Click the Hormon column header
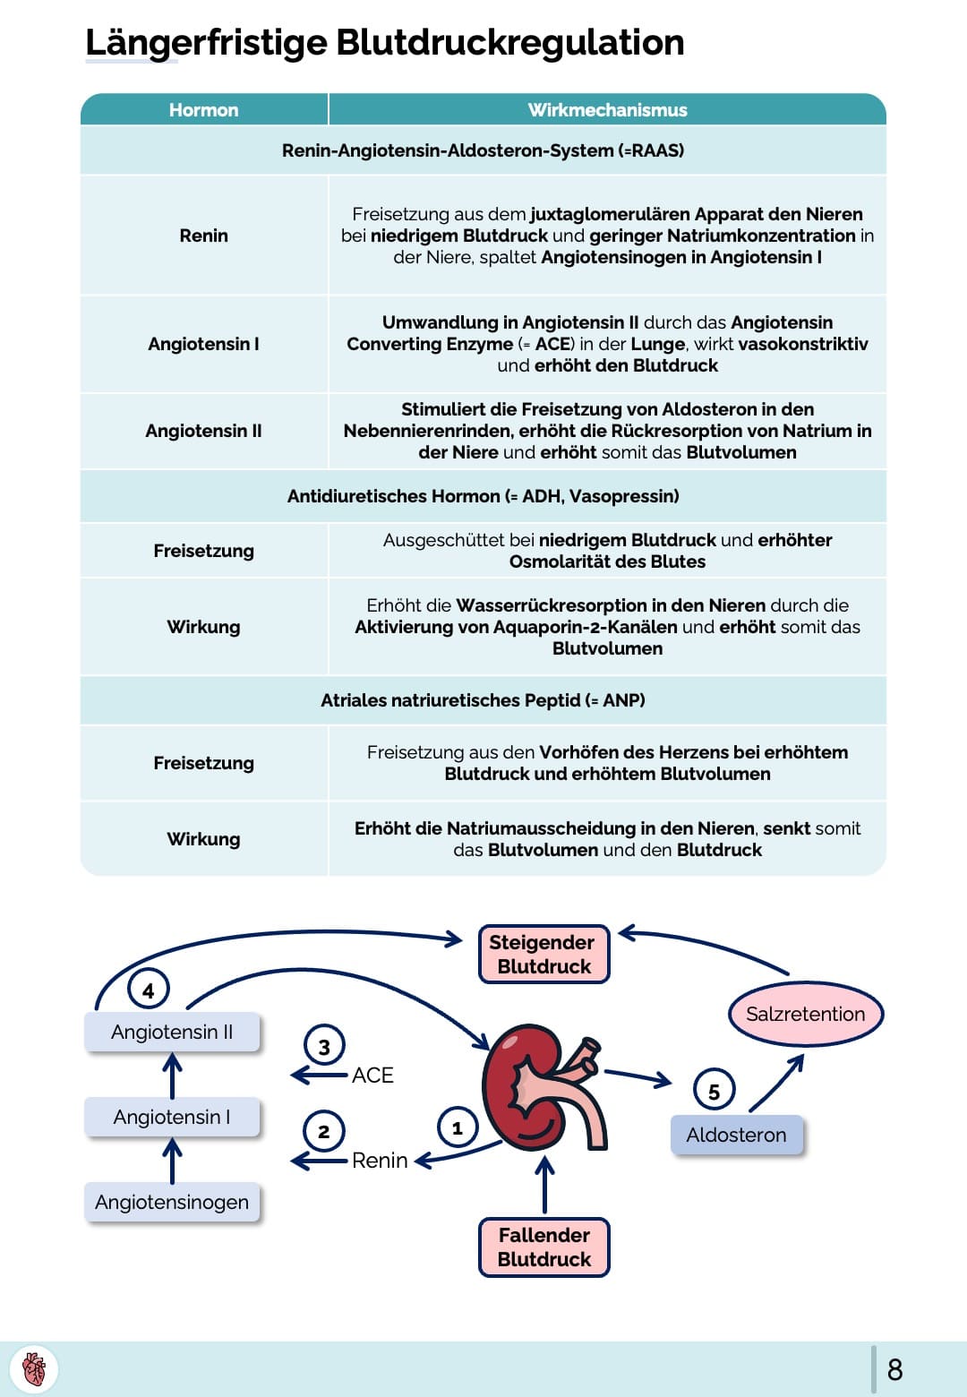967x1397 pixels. (x=203, y=110)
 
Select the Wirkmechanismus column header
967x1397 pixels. (x=607, y=110)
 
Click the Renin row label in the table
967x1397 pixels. (x=203, y=236)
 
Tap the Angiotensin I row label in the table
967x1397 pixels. (x=203, y=344)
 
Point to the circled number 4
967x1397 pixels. (x=149, y=990)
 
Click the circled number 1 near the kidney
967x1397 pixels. (x=458, y=1127)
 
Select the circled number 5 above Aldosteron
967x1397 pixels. (x=714, y=1091)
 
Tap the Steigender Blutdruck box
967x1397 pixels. (x=543, y=955)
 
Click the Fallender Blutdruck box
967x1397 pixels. (x=543, y=1247)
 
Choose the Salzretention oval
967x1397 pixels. (x=805, y=1014)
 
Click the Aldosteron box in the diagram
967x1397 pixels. (x=736, y=1136)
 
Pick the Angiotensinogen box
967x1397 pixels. (x=172, y=1202)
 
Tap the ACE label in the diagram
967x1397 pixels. (x=372, y=1075)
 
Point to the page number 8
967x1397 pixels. (x=894, y=1369)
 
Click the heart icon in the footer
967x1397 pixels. (x=34, y=1369)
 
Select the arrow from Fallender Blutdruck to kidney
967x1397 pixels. (x=544, y=1184)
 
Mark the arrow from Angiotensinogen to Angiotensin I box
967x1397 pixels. (x=172, y=1160)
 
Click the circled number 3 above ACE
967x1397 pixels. (x=324, y=1046)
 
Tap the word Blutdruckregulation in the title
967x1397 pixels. (x=509, y=42)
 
